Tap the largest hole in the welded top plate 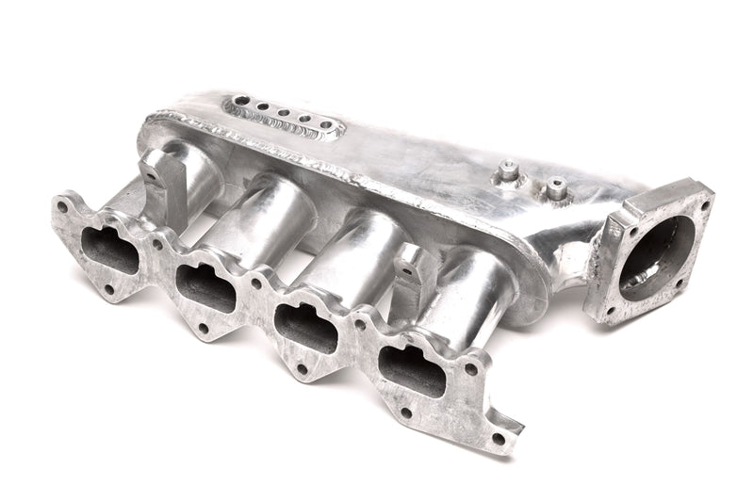coord(232,102)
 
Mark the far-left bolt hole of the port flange coord(61,203)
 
